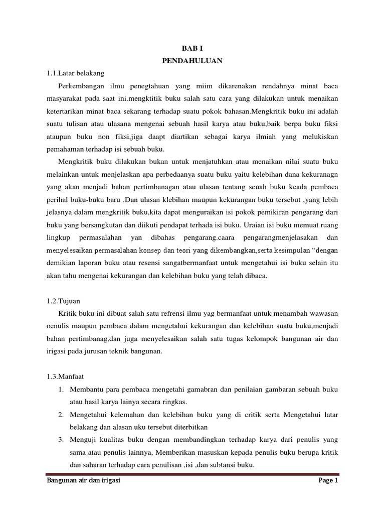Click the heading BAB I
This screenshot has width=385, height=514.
point(192,50)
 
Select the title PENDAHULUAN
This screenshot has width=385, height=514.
point(192,61)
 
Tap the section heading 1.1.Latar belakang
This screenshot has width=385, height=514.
point(75,73)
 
